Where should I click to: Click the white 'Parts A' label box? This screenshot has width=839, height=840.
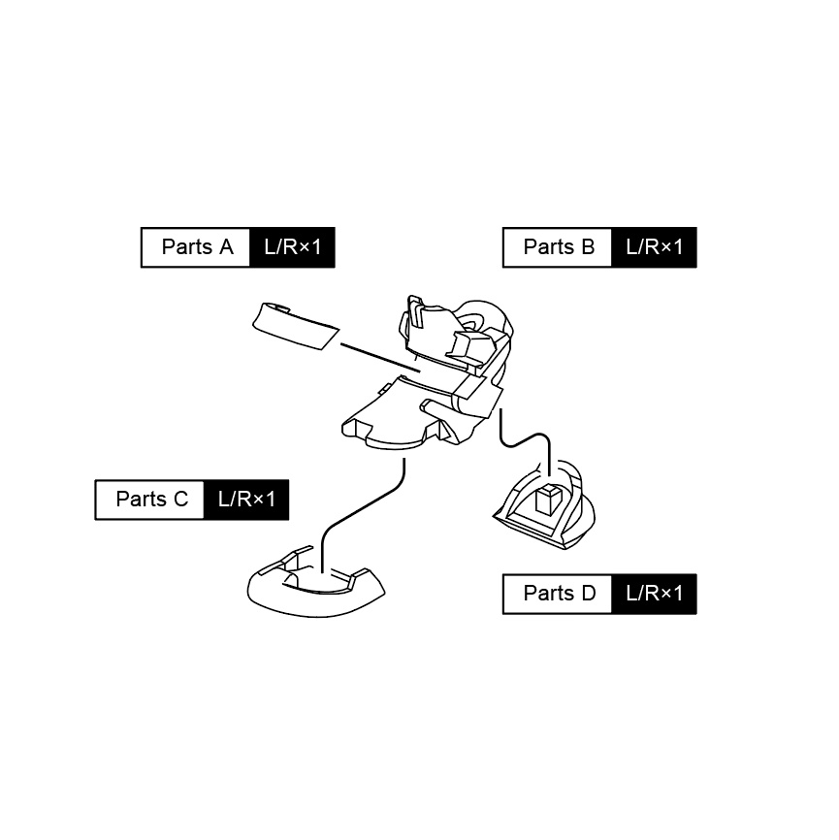[x=197, y=247]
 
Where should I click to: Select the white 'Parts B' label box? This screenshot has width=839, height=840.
[x=559, y=247]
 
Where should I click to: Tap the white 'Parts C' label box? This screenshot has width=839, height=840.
[x=151, y=500]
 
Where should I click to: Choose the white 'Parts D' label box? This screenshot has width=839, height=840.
[x=559, y=594]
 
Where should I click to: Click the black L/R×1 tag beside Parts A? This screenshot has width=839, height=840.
[x=292, y=247]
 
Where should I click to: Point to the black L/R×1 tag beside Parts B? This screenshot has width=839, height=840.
[x=654, y=247]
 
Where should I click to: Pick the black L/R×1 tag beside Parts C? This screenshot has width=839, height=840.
[x=246, y=500]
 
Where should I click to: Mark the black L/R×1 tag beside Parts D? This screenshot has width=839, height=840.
[x=654, y=594]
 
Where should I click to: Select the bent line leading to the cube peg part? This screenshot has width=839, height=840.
[x=529, y=443]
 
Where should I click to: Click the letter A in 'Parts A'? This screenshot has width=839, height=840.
[x=226, y=247]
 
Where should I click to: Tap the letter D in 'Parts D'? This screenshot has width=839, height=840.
[x=588, y=594]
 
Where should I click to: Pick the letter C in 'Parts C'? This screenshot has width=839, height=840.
[x=180, y=500]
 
